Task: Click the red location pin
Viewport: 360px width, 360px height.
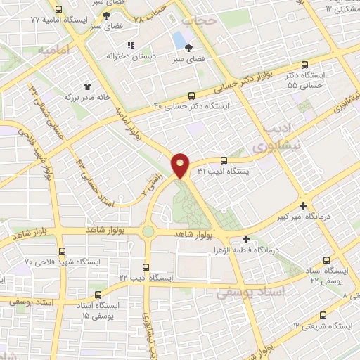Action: [x=181, y=165]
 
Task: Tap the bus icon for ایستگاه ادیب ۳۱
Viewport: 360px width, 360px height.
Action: [x=224, y=160]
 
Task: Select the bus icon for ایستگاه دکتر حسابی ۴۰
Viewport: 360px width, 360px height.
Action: [x=192, y=96]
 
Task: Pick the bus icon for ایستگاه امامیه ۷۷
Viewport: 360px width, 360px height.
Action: [x=58, y=11]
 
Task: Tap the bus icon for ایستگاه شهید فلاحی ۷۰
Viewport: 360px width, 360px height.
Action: [x=63, y=251]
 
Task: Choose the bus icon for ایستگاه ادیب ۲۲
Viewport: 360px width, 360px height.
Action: [x=146, y=267]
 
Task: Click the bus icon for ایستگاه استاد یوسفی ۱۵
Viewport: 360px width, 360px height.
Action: [x=98, y=295]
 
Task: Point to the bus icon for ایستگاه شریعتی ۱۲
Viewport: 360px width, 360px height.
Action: [x=323, y=316]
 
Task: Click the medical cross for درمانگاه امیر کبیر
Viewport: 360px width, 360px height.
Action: [x=303, y=206]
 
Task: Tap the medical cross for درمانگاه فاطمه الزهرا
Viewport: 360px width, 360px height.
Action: [x=245, y=239]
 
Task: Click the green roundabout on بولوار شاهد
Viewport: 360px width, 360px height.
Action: [x=148, y=231]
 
